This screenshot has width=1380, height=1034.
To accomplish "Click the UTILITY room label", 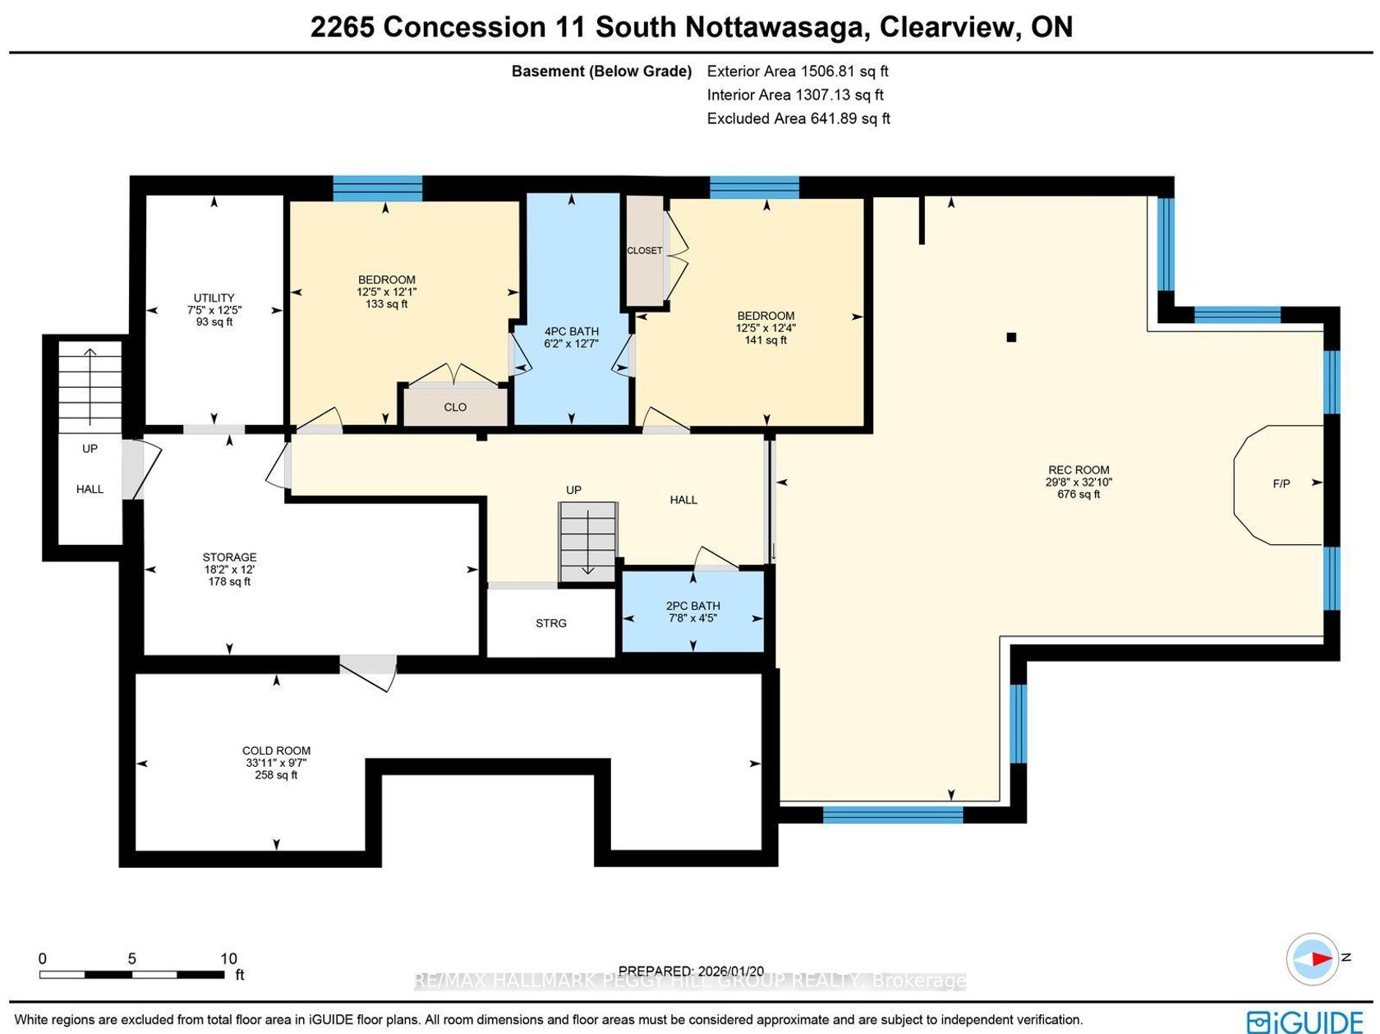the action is (x=214, y=298).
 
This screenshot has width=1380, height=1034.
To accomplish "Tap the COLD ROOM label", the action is (x=276, y=750).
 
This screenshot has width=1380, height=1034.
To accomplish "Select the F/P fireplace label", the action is (x=1281, y=483).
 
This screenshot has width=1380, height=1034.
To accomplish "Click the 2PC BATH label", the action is (x=692, y=606).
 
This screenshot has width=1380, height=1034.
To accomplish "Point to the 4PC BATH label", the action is (x=571, y=331).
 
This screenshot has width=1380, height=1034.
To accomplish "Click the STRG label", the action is (x=550, y=623).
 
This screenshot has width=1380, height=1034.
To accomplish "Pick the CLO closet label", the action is (x=454, y=407).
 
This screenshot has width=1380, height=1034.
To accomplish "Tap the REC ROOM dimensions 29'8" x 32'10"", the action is (x=1079, y=482).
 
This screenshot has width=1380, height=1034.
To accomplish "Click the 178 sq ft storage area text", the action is (x=229, y=582).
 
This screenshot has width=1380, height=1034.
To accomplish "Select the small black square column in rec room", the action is (x=1011, y=337).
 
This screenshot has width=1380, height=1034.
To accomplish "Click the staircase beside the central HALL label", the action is (x=587, y=542).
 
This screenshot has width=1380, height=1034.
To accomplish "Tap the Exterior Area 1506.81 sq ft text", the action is (x=797, y=71).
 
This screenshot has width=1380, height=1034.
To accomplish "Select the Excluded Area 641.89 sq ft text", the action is (x=798, y=118).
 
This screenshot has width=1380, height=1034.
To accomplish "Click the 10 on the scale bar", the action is (x=228, y=958).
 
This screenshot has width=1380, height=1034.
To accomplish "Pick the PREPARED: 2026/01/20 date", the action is (x=691, y=971).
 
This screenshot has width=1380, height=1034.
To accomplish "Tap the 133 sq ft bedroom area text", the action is (x=386, y=304).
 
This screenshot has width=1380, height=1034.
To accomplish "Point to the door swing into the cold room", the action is (x=369, y=673).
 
